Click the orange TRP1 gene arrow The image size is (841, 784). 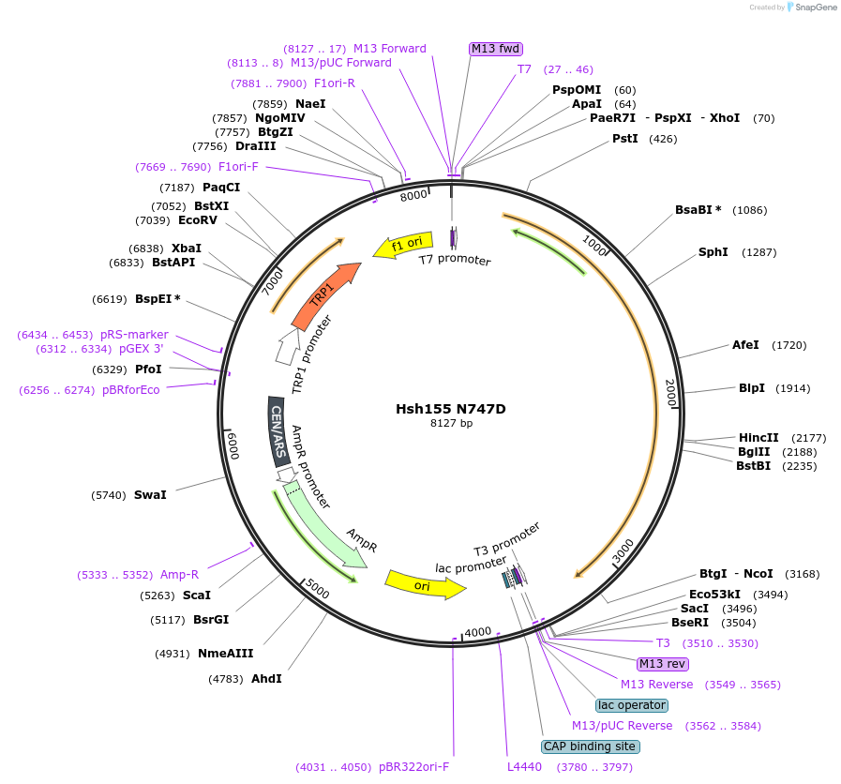coord(324,296)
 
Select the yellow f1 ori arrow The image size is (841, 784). coord(404,246)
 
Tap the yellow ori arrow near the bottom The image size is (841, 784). coord(425,585)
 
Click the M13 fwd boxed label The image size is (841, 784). coord(495,49)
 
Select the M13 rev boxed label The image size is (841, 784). coord(663,664)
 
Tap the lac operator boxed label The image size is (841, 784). coord(632,705)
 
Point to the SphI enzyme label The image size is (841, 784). coord(713,252)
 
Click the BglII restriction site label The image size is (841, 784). coord(754,451)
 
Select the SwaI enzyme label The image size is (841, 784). coord(150,494)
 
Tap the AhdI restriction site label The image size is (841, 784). coord(266,678)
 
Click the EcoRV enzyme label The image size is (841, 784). coord(198,220)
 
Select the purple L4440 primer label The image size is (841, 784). coord(524,767)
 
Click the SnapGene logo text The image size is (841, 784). coord(811,8)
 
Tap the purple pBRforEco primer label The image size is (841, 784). coord(131,390)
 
